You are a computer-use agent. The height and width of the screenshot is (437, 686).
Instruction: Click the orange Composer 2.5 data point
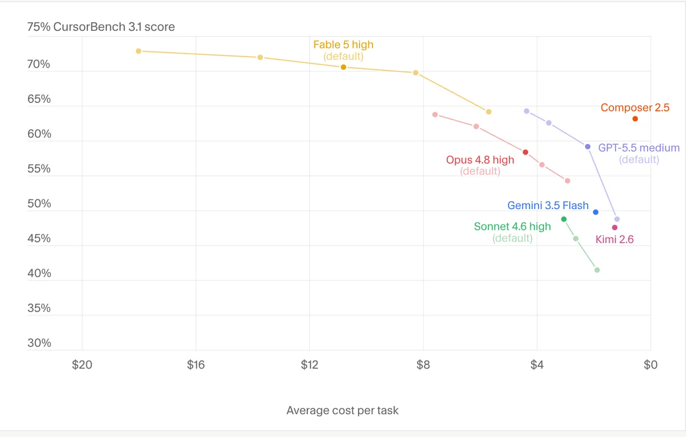pos(635,119)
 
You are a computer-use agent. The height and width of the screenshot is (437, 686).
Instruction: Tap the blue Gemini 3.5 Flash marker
pos(596,212)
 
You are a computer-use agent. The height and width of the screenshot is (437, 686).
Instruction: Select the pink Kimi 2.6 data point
pos(615,227)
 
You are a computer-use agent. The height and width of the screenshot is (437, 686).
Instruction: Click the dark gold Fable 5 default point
pos(344,67)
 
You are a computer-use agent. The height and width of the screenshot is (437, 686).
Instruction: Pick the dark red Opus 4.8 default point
pos(525,152)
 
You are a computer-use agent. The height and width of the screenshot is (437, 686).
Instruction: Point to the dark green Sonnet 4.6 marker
pos(564,219)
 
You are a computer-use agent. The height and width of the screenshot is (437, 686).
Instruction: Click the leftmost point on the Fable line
pos(138,51)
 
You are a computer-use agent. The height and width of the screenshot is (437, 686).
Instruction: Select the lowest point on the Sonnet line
pos(597,270)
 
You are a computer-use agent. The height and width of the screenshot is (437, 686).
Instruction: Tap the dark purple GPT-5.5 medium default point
pos(588,147)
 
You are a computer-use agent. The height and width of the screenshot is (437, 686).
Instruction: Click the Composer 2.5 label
pos(635,107)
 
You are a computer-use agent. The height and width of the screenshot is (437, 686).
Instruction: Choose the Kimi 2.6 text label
pos(615,239)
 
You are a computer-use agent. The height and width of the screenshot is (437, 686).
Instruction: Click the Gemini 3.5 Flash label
pos(548,205)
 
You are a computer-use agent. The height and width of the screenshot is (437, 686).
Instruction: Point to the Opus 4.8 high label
pos(480,160)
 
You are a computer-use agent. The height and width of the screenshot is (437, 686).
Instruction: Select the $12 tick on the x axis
pos(309,365)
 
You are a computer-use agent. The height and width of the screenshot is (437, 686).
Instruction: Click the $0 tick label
pos(651,365)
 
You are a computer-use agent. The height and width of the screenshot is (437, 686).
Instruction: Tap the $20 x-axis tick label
pos(82,365)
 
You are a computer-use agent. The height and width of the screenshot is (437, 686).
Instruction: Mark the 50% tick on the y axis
pos(39,203)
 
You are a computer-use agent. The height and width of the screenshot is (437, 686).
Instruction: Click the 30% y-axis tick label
pos(39,343)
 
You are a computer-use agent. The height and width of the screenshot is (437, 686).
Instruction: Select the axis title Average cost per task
pos(342,410)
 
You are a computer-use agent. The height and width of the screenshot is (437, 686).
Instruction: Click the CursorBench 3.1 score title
pos(114,27)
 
